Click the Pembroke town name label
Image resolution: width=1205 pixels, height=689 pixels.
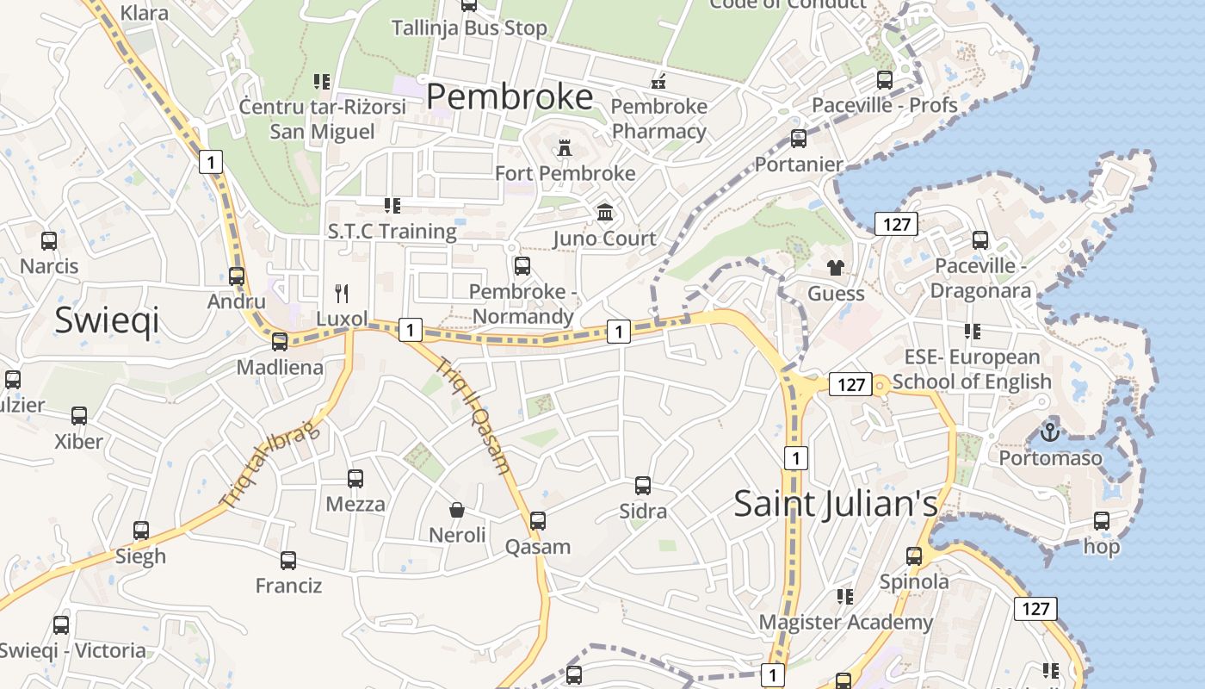click(510, 96)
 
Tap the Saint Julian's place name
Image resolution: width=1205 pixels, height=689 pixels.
click(835, 504)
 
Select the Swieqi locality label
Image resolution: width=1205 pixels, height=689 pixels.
click(107, 320)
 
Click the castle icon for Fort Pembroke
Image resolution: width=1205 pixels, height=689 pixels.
click(565, 147)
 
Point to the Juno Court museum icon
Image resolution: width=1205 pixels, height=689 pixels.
click(605, 212)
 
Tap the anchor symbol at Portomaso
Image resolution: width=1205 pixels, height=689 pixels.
click(1049, 431)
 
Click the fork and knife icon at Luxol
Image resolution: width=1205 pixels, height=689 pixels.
click(342, 293)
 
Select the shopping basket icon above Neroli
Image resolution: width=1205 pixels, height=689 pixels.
click(457, 510)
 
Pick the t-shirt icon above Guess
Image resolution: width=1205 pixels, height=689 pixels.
click(835, 267)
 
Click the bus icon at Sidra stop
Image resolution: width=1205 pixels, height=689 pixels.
click(643, 486)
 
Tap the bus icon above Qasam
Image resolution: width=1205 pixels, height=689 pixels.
click(538, 521)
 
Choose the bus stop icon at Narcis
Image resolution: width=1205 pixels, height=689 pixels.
click(49, 241)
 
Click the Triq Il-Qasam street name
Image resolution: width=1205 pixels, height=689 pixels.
click(474, 415)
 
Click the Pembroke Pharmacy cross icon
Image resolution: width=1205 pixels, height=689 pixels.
click(658, 82)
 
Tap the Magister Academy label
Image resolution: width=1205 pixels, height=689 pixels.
click(845, 622)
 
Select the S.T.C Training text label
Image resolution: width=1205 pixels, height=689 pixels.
click(392, 231)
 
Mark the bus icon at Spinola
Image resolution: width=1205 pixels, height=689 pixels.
click(914, 556)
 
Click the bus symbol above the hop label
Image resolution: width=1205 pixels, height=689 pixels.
click(1102, 521)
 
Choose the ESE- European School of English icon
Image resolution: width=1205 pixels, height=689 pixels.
click(973, 332)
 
